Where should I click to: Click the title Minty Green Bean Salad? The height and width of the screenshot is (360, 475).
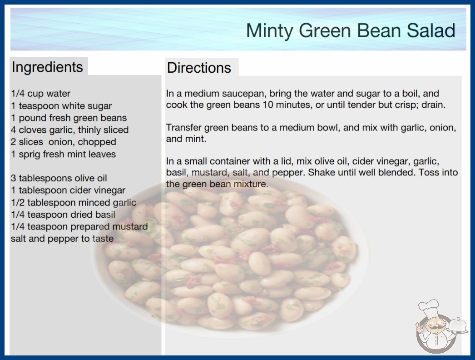351,30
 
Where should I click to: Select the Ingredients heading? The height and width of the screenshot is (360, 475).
47,67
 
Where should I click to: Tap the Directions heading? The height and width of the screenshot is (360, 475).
199,68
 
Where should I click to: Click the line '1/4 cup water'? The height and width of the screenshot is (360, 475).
40,94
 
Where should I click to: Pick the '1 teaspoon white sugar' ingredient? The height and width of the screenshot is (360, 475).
61,106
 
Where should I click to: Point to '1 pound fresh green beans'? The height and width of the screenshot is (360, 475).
69,118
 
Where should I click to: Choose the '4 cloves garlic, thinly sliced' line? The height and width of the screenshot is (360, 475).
69,130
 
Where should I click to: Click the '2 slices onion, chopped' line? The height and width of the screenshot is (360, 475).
64,142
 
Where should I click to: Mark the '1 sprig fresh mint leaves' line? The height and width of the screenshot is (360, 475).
63,154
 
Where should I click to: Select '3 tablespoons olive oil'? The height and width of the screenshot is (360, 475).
59,178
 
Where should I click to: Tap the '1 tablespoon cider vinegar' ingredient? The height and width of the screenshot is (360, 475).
68,190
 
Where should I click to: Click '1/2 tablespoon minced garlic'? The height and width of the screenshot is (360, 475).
74,202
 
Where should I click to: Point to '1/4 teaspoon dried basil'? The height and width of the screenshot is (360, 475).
63,215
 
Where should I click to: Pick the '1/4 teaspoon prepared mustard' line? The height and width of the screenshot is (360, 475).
79,226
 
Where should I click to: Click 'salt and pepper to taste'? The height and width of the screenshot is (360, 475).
62,239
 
